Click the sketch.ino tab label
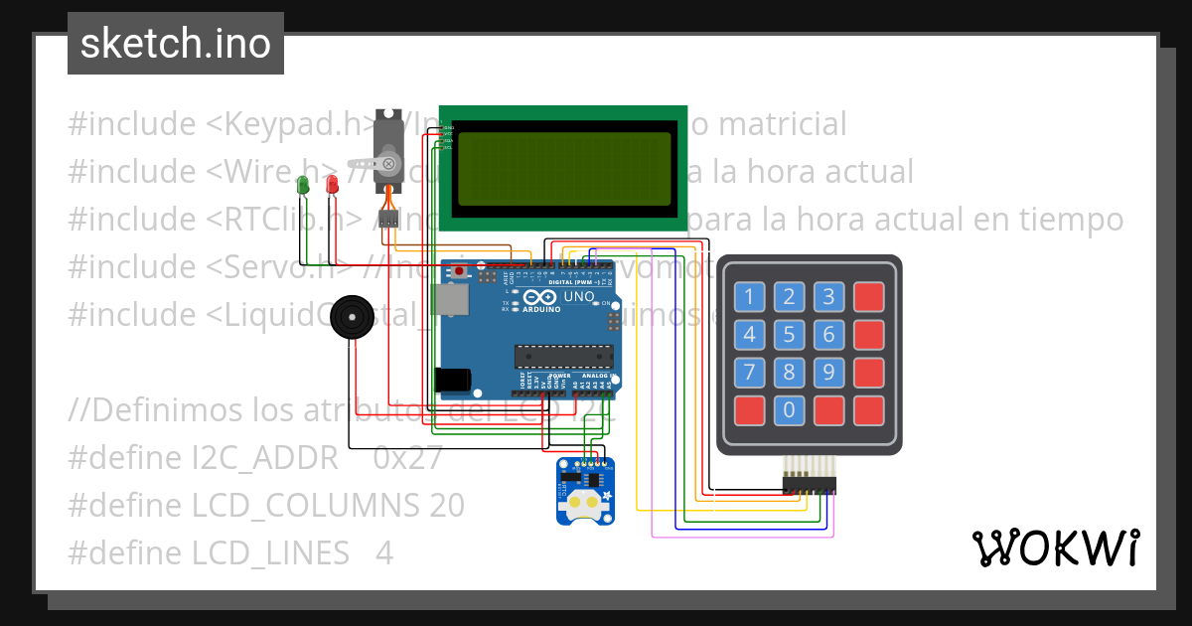176,44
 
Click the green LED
303,185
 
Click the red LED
332,185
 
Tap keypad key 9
828,373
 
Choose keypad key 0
789,409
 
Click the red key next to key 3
868,296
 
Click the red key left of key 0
749,409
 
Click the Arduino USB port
451,300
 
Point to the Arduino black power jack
453,379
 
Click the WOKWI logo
1055,548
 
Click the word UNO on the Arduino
579,296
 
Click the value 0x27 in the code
408,458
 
